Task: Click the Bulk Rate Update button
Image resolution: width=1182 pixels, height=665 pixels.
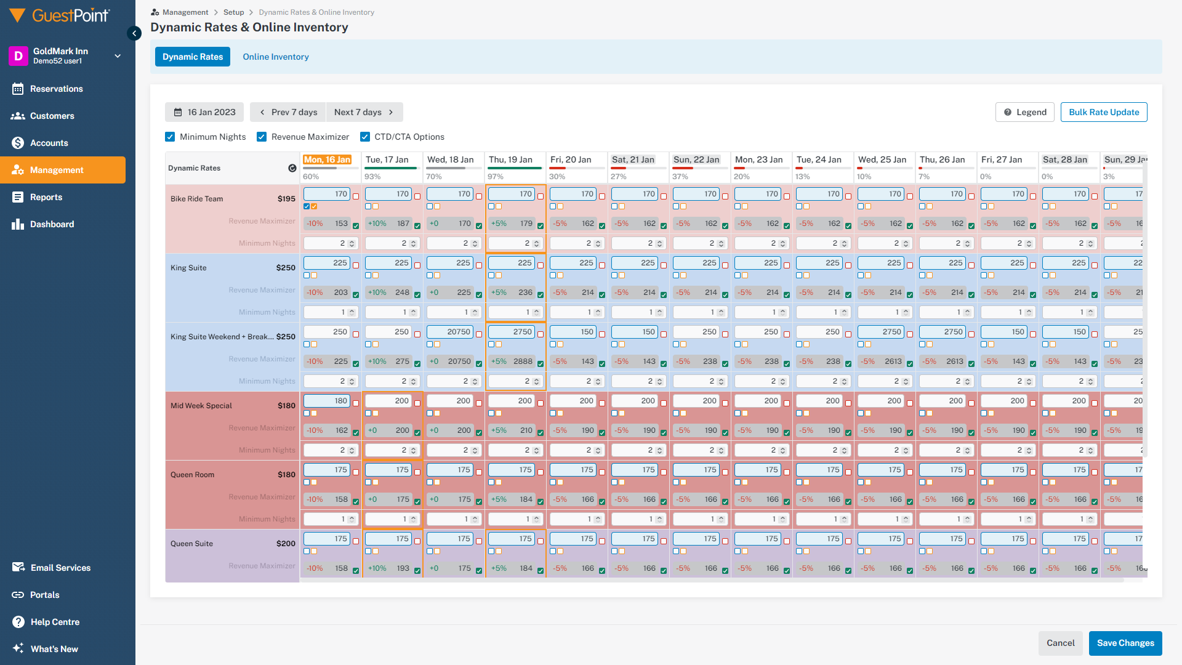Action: tap(1103, 112)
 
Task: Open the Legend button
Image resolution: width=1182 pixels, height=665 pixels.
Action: tap(1024, 112)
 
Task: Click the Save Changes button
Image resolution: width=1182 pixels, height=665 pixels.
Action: tap(1125, 643)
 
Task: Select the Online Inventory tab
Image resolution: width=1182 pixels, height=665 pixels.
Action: tap(275, 57)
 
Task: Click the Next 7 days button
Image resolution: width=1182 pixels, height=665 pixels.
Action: tap(364, 112)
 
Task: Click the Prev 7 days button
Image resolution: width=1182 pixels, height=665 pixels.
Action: tap(288, 112)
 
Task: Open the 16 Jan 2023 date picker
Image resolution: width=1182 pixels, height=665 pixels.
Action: tap(204, 112)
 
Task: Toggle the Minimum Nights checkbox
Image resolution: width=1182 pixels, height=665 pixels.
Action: tap(171, 137)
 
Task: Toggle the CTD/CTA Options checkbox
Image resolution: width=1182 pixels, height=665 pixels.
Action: tap(365, 137)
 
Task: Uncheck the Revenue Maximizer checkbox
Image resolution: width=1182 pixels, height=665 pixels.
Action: tap(262, 137)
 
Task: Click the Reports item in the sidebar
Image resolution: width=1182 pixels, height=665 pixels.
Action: tap(46, 197)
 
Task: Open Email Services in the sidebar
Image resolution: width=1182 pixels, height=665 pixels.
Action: tap(60, 568)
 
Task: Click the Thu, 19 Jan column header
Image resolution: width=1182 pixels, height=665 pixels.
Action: tap(510, 159)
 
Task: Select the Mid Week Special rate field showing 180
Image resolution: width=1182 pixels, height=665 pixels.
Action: tap(327, 401)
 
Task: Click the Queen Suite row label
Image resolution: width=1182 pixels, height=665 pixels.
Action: tap(191, 544)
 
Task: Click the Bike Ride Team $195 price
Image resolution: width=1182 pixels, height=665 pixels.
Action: tap(286, 199)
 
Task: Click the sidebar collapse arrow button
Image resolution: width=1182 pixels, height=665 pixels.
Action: tap(134, 33)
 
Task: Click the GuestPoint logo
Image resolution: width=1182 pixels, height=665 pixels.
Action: tap(60, 16)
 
